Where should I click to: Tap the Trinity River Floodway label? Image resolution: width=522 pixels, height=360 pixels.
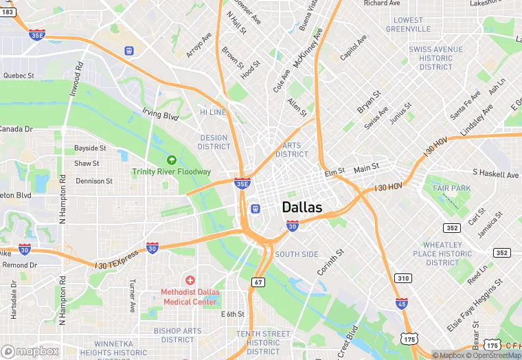[x=172, y=172]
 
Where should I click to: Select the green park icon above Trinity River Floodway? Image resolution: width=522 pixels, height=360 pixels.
[x=172, y=160]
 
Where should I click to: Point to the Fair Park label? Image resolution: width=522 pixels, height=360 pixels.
[x=452, y=188]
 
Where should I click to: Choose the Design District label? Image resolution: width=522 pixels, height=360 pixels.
[x=214, y=142]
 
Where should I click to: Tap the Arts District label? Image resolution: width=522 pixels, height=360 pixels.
[x=292, y=150]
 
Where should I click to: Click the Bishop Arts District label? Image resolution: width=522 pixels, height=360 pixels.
[x=178, y=335]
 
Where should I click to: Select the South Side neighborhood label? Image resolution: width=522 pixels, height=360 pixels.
[x=297, y=254]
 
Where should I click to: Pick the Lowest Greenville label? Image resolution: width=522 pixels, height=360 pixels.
[x=409, y=25]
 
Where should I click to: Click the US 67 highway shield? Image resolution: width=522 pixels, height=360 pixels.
[x=258, y=282]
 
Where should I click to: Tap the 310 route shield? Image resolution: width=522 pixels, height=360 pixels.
[x=403, y=278]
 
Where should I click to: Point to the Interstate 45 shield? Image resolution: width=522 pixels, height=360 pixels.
[x=402, y=302]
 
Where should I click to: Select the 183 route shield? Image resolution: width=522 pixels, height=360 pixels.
[x=8, y=12]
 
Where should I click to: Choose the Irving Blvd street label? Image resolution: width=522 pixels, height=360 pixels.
[x=160, y=114]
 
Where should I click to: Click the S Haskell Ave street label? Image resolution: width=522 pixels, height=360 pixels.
[x=495, y=175]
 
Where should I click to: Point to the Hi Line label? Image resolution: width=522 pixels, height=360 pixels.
[x=213, y=112]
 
